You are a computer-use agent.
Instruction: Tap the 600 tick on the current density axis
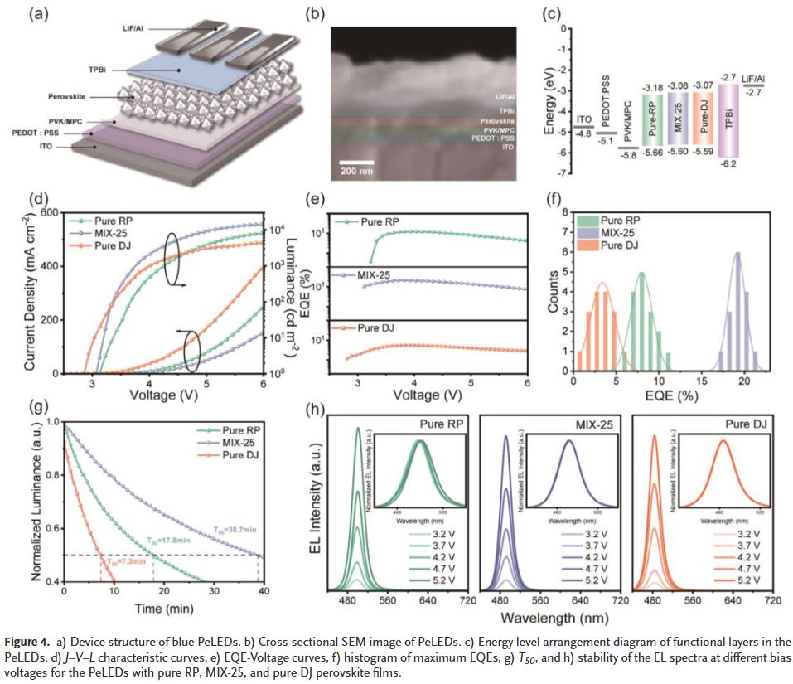[51, 213]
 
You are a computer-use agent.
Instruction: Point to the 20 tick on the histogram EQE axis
[744, 381]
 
